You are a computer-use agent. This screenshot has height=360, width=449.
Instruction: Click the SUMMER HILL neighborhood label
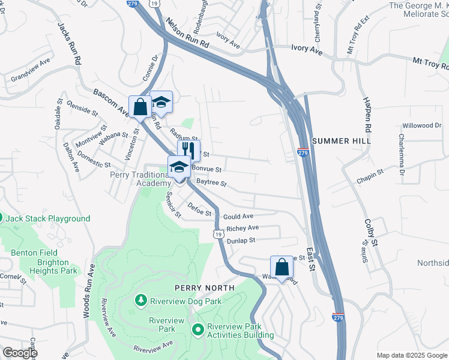coord(340,140)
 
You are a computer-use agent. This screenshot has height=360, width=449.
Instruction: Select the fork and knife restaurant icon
coord(188,149)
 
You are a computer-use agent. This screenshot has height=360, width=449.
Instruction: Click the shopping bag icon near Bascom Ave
coord(140,107)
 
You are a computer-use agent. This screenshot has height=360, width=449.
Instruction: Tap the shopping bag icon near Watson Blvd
coord(282,267)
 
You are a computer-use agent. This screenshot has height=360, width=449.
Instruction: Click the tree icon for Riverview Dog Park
coord(140,299)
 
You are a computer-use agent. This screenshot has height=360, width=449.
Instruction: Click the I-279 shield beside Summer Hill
coord(303,154)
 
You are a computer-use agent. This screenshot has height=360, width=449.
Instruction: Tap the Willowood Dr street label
coord(421,125)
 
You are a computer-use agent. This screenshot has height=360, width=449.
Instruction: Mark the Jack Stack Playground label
coord(48,219)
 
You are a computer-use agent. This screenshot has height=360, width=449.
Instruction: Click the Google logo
coord(19,353)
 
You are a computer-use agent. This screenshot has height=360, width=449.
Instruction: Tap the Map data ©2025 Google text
coord(412,355)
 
